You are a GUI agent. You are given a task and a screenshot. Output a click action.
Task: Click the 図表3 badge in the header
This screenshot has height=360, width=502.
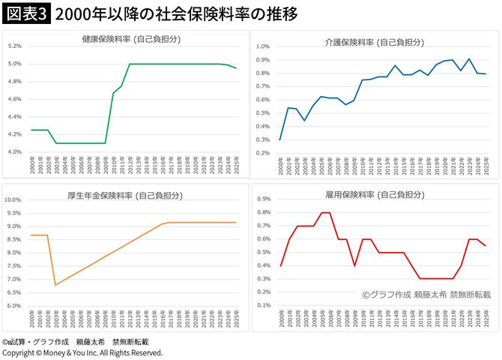tap(26, 14)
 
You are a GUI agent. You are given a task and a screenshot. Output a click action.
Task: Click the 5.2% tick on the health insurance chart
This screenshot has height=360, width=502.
tap(14, 46)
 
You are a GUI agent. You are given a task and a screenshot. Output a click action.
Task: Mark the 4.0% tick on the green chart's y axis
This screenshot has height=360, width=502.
tap(14, 152)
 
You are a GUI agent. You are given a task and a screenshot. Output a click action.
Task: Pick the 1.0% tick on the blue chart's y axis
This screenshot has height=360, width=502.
tap(263, 46)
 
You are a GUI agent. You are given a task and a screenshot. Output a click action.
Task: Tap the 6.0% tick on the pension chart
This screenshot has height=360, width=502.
tap(14, 306)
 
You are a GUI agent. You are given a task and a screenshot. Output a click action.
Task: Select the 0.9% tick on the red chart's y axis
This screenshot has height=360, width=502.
tap(263, 200)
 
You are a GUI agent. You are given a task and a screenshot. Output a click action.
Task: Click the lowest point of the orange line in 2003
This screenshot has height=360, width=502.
tap(55, 285)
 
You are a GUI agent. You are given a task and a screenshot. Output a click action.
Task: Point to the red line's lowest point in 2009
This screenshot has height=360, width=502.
tap(354, 265)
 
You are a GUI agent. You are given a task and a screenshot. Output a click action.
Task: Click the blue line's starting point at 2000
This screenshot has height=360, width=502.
tap(281, 139)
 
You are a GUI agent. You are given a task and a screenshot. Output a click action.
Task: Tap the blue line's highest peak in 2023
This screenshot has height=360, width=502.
tap(469, 58)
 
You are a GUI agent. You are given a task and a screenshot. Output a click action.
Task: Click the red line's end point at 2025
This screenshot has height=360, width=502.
tap(486, 246)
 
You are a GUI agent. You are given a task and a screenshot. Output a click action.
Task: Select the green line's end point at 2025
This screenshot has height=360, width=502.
tap(237, 68)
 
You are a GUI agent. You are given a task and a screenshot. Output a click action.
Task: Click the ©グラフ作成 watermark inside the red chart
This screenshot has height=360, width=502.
tap(426, 295)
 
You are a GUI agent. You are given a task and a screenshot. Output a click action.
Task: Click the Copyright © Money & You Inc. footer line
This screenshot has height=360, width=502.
tap(82, 352)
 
